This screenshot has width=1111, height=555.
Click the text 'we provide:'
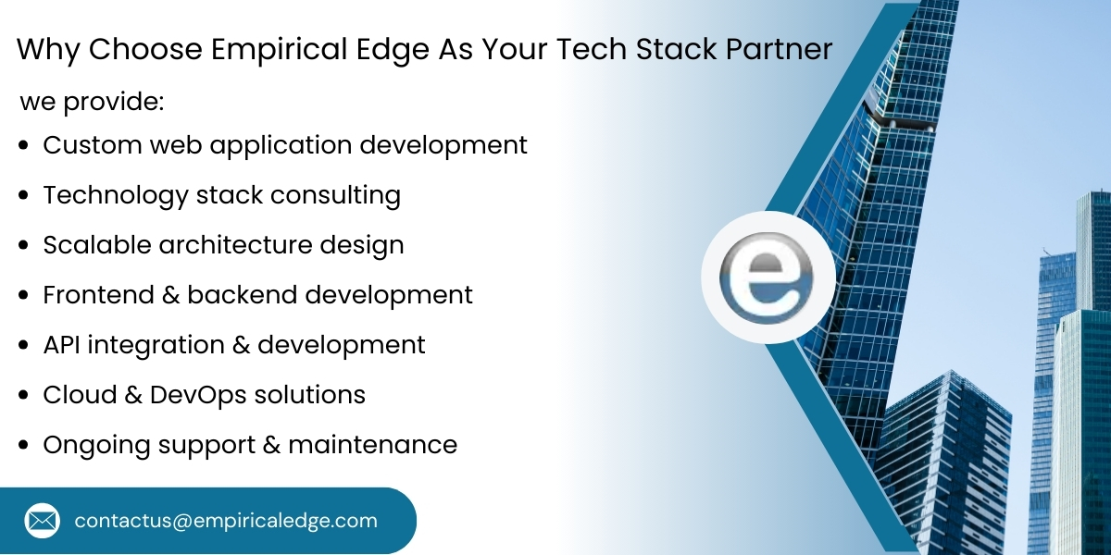pyautogui.click(x=92, y=102)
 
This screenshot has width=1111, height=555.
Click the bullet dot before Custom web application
pyautogui.click(x=25, y=146)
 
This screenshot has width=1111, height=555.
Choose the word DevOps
pyautogui.click(x=196, y=395)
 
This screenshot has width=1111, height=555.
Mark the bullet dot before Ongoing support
pyautogui.click(x=25, y=446)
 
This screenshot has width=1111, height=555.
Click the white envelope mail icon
pyautogui.click(x=43, y=521)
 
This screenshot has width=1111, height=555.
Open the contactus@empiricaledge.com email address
pyautogui.click(x=226, y=521)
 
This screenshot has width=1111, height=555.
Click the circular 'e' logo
pyautogui.click(x=768, y=278)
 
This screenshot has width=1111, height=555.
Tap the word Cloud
pyautogui.click(x=77, y=395)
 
